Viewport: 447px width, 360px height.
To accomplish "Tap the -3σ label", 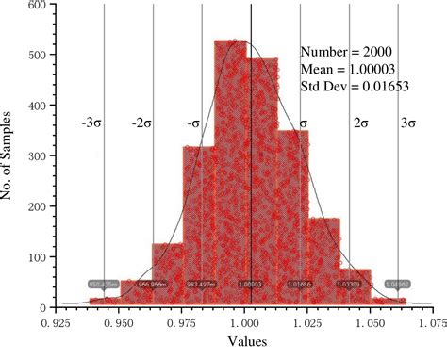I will [92, 123].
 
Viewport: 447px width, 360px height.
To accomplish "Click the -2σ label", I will [141, 123].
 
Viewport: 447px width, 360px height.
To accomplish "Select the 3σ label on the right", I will [407, 123].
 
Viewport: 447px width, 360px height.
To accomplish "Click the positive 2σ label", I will [360, 123].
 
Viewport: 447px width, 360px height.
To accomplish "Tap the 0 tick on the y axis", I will [44, 307].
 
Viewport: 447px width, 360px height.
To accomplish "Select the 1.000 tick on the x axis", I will [244, 322].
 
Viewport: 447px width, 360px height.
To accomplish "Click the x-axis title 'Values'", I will [244, 345].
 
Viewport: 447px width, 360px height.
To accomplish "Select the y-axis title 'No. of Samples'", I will [13, 155].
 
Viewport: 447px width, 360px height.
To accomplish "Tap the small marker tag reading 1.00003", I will [251, 283].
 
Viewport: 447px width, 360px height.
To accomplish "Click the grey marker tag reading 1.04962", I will [397, 283].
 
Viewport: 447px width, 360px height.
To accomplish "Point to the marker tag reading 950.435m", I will [102, 283].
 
